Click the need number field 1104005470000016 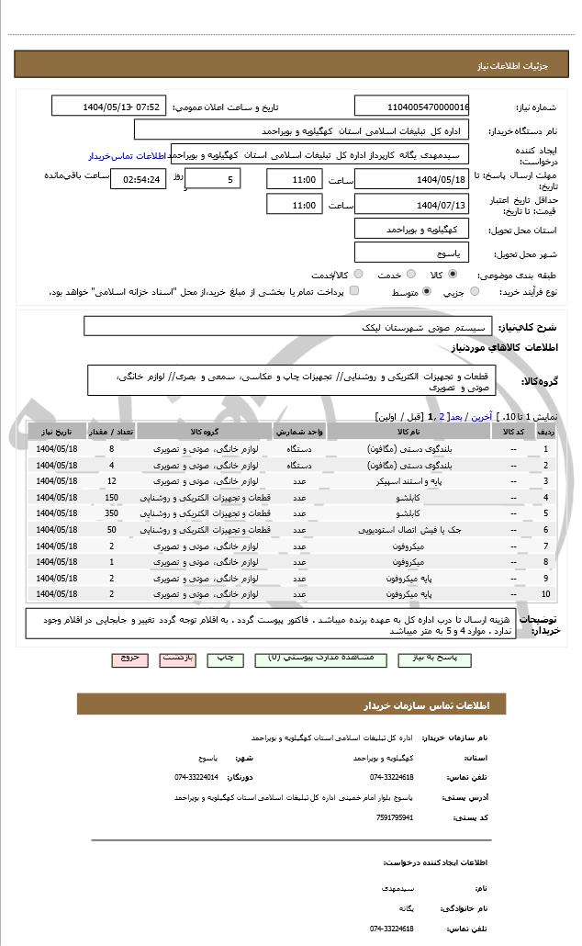411,107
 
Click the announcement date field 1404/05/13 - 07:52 108,107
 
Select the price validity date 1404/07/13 411,205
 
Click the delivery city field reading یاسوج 411,252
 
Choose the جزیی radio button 474,291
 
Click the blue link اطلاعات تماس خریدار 125,156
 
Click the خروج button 129,659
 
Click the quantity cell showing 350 111,513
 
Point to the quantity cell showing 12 111,480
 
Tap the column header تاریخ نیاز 57,432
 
